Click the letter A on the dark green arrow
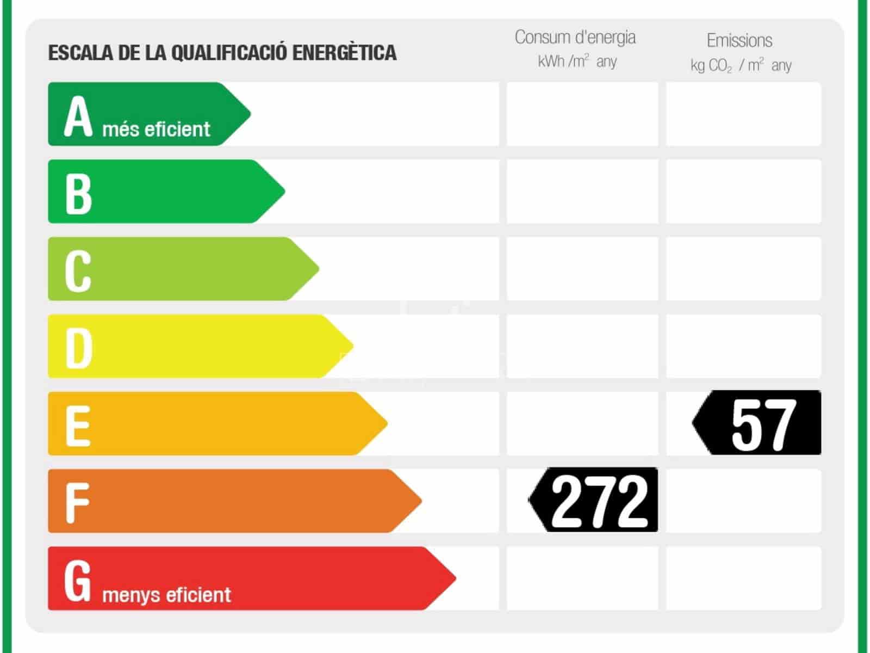coord(78,115)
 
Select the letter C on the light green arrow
coord(78,270)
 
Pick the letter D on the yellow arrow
coord(78,348)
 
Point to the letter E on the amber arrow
coord(77,426)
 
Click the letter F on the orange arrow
coord(77,503)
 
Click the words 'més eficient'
coord(156,130)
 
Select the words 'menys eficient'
coord(166,595)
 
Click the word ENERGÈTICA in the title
coord(345,53)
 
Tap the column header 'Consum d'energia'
coord(575,37)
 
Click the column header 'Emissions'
coord(739,40)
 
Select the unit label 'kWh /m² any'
coord(577,61)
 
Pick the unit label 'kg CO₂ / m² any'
coord(741,65)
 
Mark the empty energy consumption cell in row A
coord(582,114)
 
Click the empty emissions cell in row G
coord(743,578)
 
